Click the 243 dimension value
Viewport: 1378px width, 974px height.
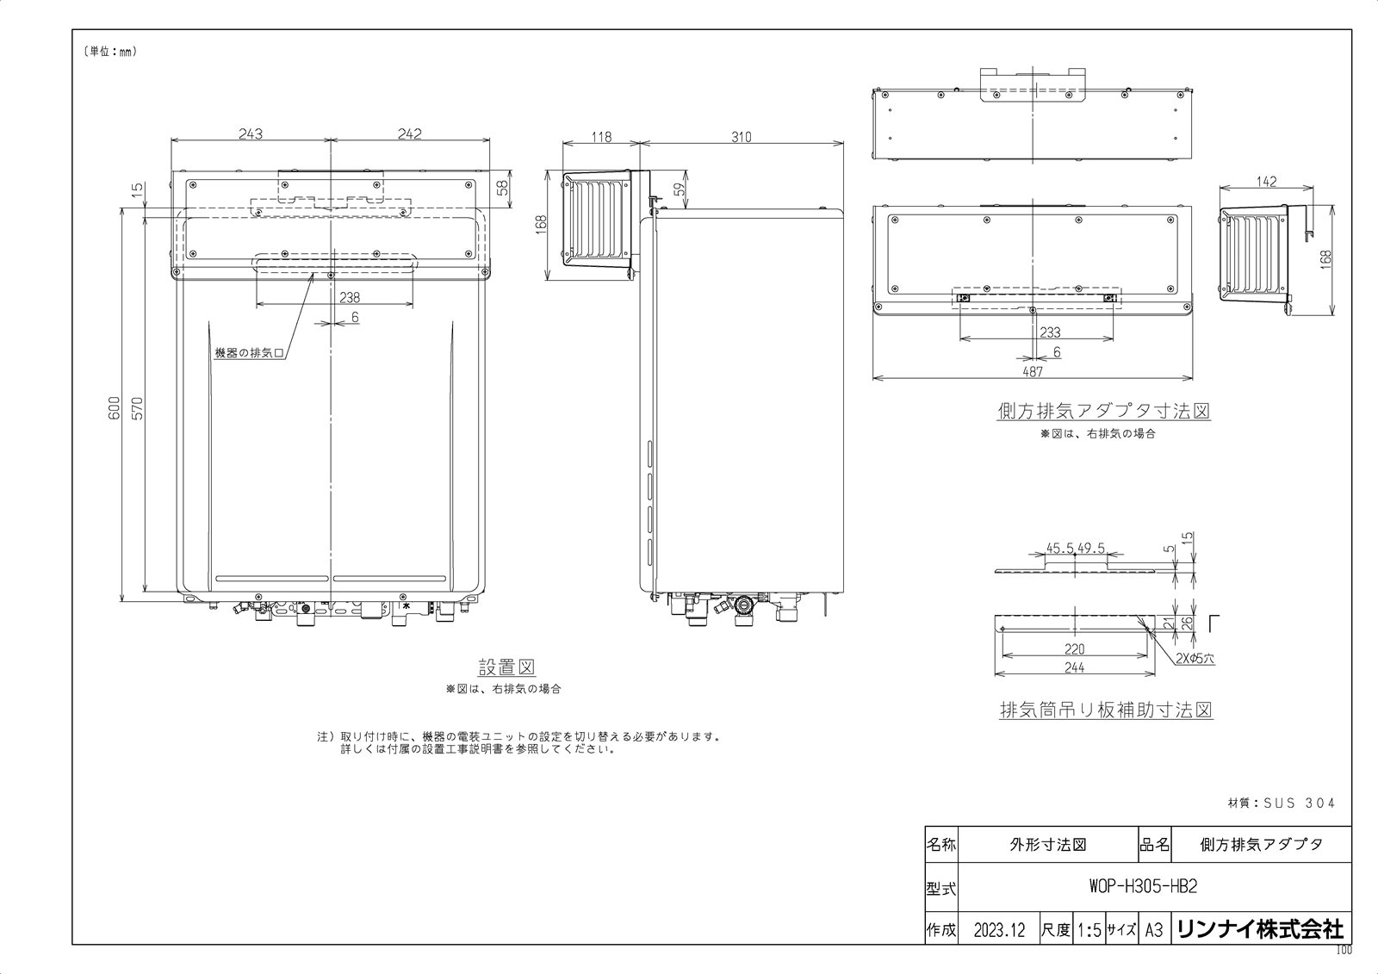click(x=251, y=133)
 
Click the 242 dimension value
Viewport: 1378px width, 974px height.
click(x=410, y=133)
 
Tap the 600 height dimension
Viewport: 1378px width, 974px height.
click(x=115, y=408)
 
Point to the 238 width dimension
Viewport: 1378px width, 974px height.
click(x=350, y=298)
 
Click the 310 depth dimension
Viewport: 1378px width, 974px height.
click(x=742, y=137)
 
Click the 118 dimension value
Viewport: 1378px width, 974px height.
click(x=601, y=137)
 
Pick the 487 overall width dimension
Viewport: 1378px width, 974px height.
click(x=1033, y=372)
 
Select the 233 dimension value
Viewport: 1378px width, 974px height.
click(x=1050, y=332)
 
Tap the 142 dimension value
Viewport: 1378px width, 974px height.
click(x=1267, y=182)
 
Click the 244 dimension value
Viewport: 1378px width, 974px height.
click(x=1074, y=667)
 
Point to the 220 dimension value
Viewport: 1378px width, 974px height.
click(x=1074, y=648)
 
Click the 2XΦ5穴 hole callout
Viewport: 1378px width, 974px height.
click(x=1195, y=658)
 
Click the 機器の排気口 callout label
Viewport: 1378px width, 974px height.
click(x=249, y=353)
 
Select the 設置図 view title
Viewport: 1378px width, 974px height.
click(x=506, y=667)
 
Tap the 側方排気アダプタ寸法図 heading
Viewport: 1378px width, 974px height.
click(x=1103, y=411)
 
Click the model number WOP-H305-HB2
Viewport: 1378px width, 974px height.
click(x=1143, y=887)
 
